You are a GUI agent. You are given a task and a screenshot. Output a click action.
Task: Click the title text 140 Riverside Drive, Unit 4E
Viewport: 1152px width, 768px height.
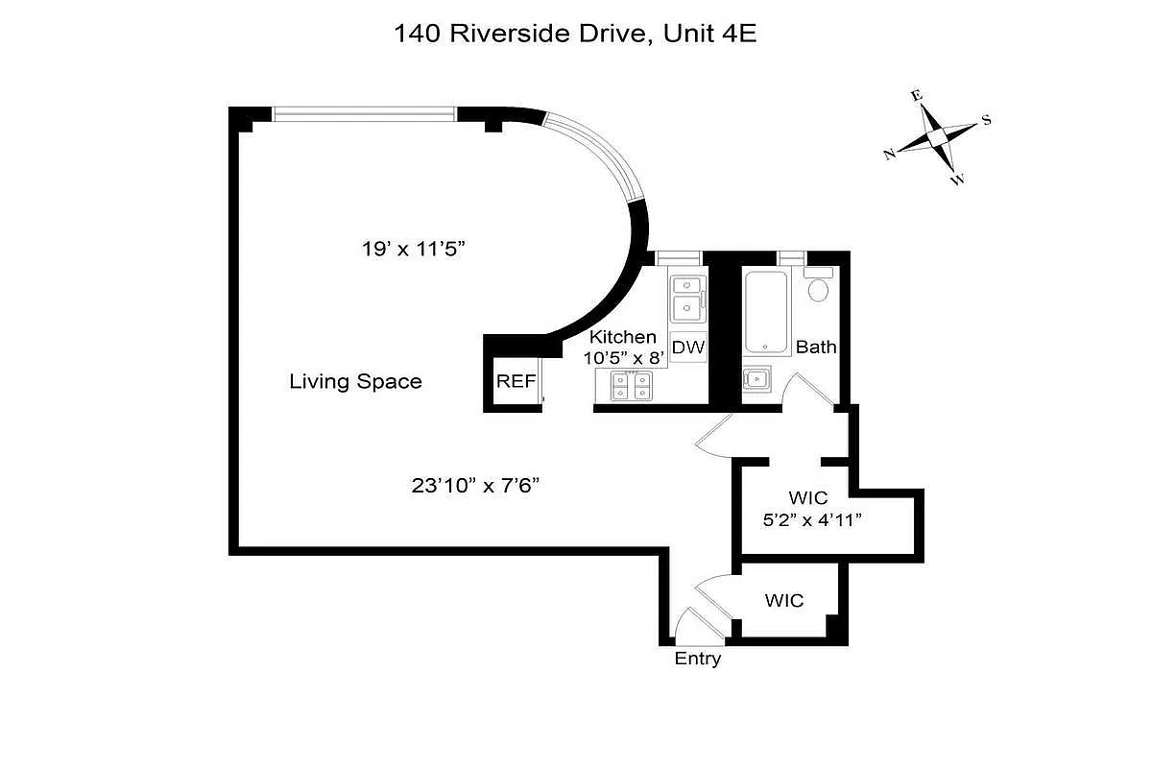coord(575,34)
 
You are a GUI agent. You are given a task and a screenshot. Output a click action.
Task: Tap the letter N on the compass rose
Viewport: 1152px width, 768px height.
coord(890,154)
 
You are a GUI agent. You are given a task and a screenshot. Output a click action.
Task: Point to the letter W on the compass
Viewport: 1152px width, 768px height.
coord(957,180)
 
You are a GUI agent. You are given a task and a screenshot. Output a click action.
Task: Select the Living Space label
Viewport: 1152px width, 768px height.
coord(355,381)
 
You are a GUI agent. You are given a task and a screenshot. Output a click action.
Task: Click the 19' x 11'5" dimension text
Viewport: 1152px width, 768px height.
coord(414,250)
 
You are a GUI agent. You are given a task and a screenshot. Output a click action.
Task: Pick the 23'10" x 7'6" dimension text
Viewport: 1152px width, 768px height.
coord(476,486)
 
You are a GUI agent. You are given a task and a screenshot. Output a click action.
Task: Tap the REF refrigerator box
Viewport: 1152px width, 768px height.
coord(516,381)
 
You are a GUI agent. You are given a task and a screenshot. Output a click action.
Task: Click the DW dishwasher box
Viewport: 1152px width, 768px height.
coord(688,348)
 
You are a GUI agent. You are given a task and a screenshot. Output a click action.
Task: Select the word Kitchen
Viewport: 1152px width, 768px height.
coord(623,337)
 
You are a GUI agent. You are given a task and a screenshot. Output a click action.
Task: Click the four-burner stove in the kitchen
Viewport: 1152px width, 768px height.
coord(633,385)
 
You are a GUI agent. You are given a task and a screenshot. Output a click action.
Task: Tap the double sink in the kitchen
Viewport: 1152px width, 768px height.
coord(686,298)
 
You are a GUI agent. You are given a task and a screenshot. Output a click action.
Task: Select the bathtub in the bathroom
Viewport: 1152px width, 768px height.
coord(766,312)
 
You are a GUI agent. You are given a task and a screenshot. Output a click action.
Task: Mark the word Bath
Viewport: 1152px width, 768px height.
coord(816,348)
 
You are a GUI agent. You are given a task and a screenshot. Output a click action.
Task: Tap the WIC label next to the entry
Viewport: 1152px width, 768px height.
coord(784,601)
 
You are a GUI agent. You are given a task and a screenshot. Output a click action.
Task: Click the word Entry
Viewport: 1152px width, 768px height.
coord(697,659)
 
